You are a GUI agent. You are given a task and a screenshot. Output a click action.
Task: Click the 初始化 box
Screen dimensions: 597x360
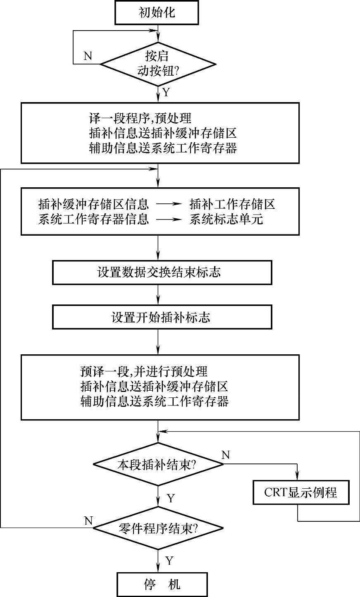pyautogui.click(x=157, y=12)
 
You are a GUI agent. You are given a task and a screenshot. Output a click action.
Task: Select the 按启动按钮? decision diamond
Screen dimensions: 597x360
pyautogui.click(x=158, y=64)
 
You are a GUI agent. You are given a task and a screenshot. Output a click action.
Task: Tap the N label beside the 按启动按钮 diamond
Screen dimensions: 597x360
pyautogui.click(x=88, y=56)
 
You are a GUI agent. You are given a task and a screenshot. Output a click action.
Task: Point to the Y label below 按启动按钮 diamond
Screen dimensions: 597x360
pyautogui.click(x=167, y=92)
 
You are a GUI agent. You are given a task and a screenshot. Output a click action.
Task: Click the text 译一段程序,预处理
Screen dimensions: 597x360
pyautogui.click(x=140, y=119)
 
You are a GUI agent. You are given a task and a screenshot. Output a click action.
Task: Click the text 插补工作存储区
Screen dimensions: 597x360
pyautogui.click(x=232, y=204)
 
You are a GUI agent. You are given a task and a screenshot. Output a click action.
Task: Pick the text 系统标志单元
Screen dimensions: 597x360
pyautogui.click(x=226, y=219)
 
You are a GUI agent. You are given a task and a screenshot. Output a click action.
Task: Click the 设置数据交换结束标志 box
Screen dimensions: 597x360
pyautogui.click(x=162, y=272)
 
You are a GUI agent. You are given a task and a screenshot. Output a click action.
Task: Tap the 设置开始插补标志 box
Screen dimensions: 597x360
pyautogui.click(x=162, y=317)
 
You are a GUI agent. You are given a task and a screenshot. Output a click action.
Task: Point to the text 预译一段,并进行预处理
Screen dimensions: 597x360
pyautogui.click(x=143, y=371)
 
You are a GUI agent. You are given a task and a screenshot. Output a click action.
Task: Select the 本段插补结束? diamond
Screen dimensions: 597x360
pyautogui.click(x=158, y=464)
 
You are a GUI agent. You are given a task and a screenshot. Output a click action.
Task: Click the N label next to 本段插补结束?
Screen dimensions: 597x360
pyautogui.click(x=225, y=455)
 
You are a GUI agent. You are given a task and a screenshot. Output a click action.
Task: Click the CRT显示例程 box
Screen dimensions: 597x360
pyautogui.click(x=300, y=492)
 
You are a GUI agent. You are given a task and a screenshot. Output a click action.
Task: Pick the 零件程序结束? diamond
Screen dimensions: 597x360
pyautogui.click(x=158, y=528)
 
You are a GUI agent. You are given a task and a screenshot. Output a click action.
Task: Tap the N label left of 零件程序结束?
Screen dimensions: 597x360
pyautogui.click(x=88, y=521)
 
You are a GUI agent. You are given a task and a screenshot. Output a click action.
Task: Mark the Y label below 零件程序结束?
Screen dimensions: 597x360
pyautogui.click(x=169, y=561)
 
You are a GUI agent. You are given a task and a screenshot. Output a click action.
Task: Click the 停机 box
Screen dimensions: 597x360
pyautogui.click(x=162, y=584)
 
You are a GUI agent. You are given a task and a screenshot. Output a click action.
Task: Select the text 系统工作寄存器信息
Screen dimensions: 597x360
pyautogui.click(x=93, y=219)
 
